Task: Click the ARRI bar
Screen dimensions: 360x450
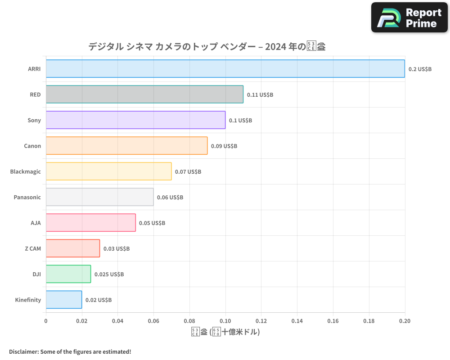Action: click(x=225, y=69)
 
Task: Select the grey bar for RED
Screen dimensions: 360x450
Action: click(x=144, y=94)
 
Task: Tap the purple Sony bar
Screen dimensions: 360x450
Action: click(x=135, y=120)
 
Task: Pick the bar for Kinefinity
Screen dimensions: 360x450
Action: click(x=64, y=300)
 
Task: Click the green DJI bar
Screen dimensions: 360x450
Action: click(x=68, y=274)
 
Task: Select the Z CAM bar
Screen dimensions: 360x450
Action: click(x=73, y=248)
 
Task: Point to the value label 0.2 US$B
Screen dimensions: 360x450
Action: click(x=420, y=69)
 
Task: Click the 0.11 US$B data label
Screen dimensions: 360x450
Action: click(x=260, y=95)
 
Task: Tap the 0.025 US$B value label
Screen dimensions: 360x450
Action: click(x=109, y=274)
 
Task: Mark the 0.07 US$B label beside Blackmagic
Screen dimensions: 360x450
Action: click(x=188, y=172)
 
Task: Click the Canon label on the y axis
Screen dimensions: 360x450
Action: click(x=32, y=146)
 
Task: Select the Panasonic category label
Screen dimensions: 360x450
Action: click(x=27, y=197)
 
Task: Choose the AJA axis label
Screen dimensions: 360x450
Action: click(x=36, y=223)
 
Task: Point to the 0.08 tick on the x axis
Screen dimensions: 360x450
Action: click(x=189, y=321)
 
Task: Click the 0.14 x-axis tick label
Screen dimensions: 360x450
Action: click(x=297, y=321)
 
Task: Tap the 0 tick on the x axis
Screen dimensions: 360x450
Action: click(x=46, y=321)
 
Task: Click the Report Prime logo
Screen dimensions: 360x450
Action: click(x=409, y=18)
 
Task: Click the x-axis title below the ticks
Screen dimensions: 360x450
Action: click(x=225, y=332)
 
